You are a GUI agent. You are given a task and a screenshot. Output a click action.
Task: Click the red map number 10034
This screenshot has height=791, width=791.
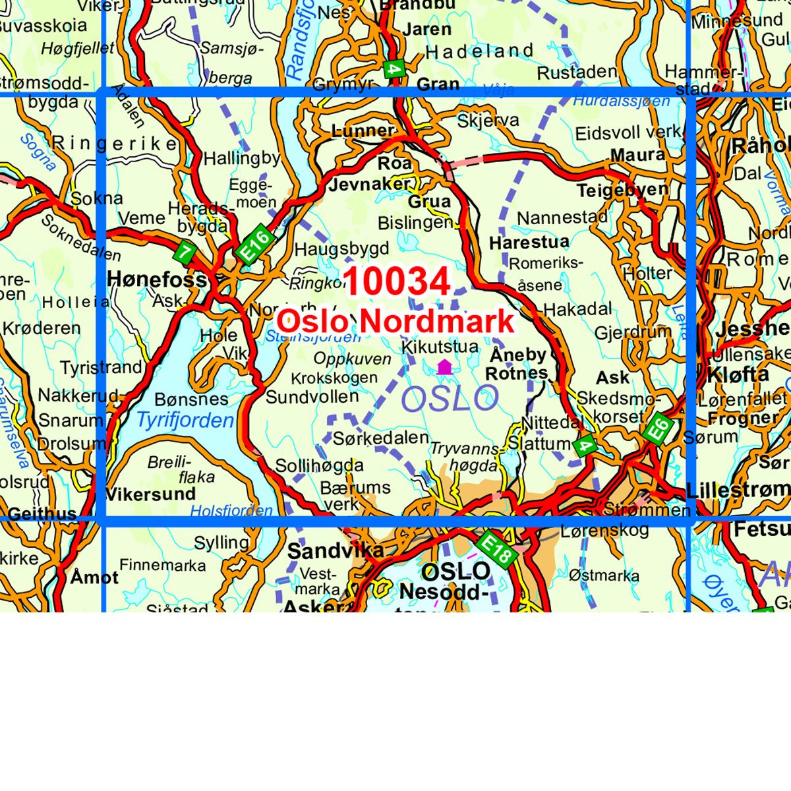point(397,281)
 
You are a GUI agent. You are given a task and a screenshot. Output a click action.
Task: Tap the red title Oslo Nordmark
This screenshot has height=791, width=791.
point(395,321)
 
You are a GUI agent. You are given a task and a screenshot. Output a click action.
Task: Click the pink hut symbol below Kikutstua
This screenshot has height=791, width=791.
point(444,367)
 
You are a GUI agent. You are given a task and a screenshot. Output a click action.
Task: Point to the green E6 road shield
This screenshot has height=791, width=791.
point(659,430)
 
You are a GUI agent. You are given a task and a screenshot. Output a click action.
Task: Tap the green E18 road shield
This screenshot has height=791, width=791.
point(496,548)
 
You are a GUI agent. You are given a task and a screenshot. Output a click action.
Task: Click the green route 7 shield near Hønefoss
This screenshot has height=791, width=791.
point(186,250)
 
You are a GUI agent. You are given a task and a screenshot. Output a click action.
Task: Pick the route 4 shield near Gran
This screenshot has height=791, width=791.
point(394,70)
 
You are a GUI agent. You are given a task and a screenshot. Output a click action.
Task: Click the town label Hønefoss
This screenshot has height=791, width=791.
point(157,279)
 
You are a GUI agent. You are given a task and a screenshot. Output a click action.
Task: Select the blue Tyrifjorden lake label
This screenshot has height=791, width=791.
point(185,420)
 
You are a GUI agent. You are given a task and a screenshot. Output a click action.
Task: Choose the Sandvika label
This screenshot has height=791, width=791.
point(336,550)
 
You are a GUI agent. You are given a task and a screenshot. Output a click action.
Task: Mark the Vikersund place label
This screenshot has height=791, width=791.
point(150,494)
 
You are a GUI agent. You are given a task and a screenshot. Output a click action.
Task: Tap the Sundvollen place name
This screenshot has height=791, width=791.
point(312,397)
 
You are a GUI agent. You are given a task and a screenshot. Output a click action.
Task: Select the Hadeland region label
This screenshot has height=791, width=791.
point(479,51)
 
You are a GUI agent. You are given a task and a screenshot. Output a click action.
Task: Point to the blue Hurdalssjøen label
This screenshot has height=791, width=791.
point(621,101)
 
